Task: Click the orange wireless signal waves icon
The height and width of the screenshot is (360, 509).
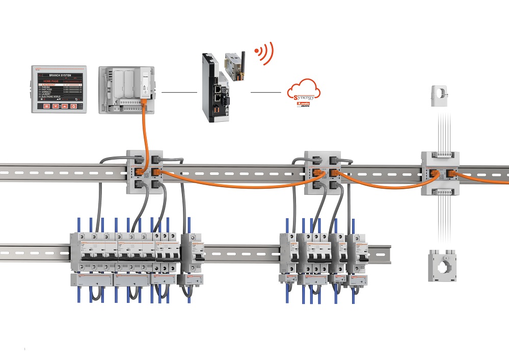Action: point(264,53)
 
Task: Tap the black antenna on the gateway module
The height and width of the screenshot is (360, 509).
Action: point(243,56)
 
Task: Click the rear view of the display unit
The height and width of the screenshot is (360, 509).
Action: point(125,89)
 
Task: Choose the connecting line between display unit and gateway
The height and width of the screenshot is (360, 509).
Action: point(179,92)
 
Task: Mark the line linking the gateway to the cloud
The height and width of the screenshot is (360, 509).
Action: point(265,92)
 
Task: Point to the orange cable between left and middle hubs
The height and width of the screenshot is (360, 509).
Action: point(234,186)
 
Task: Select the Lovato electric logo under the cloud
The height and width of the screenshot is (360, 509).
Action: point(304,105)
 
